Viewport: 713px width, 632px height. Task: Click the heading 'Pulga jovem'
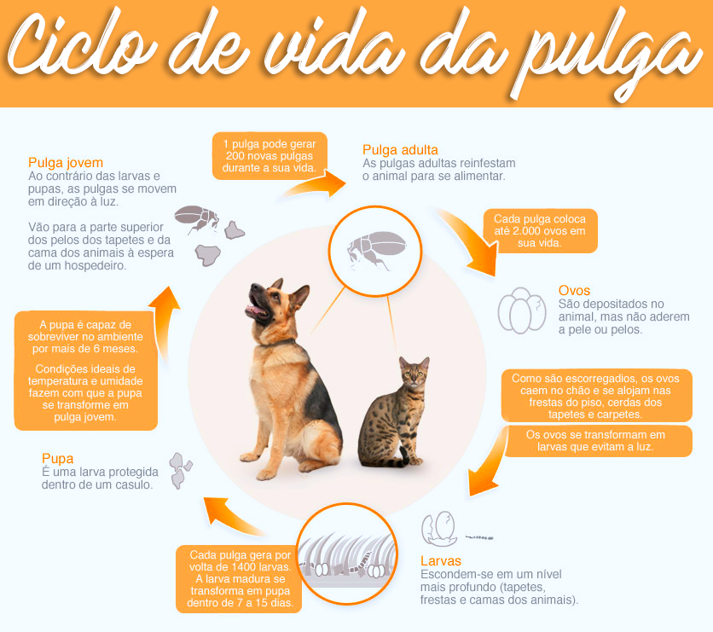pyautogui.click(x=66, y=163)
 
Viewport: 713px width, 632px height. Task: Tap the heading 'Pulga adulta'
pyautogui.click(x=400, y=150)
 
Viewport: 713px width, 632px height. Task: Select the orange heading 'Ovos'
pyautogui.click(x=574, y=291)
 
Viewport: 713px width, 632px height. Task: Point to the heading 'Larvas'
pyautogui.click(x=441, y=560)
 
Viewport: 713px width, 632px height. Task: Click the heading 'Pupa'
pyautogui.click(x=57, y=459)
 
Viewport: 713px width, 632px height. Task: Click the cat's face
pyautogui.click(x=414, y=374)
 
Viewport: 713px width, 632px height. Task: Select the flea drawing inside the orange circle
pyautogui.click(x=376, y=250)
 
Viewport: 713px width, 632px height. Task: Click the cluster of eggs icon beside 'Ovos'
pyautogui.click(x=522, y=310)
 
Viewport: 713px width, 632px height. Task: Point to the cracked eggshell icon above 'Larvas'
pyautogui.click(x=439, y=529)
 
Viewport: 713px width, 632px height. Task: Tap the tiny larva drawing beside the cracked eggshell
pyautogui.click(x=479, y=537)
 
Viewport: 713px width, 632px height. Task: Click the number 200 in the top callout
pyautogui.click(x=235, y=156)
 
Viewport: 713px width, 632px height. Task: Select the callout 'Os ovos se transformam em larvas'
pyautogui.click(x=595, y=441)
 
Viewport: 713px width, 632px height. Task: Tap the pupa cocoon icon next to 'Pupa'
pyautogui.click(x=180, y=470)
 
